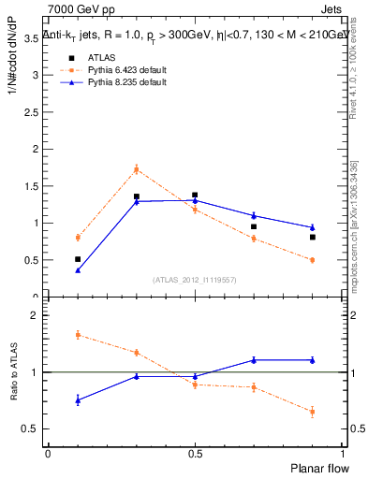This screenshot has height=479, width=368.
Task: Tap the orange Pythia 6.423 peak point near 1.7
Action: [x=137, y=169]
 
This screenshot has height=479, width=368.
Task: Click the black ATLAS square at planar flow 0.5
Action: [x=195, y=195]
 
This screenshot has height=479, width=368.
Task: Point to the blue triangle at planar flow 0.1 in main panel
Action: [x=78, y=270]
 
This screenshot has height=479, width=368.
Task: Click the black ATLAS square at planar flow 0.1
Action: [x=78, y=259]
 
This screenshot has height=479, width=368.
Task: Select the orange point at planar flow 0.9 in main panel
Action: [x=313, y=260]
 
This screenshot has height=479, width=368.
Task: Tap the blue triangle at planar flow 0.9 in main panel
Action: [x=313, y=227]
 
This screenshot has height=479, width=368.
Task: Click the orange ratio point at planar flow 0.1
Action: [x=78, y=334]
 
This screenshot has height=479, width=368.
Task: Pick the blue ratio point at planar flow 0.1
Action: [x=78, y=399]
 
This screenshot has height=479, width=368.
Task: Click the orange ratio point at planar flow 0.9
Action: [x=313, y=411]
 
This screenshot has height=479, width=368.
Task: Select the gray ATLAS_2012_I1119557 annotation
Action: [x=195, y=280]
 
